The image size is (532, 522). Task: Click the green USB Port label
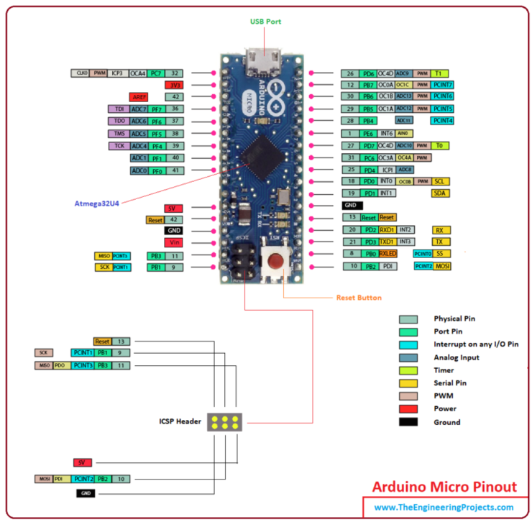coord(265,22)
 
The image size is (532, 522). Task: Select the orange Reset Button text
coord(358,297)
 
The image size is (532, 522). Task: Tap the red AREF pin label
coord(139,96)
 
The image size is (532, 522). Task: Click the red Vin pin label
coord(173,243)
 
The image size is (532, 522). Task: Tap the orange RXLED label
coord(388,254)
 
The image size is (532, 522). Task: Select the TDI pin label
coord(119,109)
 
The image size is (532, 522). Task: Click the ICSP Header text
coord(180,421)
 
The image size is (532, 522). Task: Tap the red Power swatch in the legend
coord(408,408)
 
